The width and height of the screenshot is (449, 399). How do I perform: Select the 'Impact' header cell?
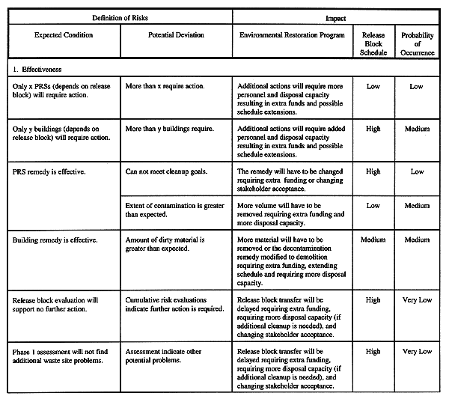[335, 16]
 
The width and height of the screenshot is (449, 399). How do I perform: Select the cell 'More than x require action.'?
[164, 86]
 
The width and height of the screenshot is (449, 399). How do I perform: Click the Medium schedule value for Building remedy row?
[373, 240]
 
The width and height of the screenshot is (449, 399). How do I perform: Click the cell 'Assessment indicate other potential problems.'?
[165, 356]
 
